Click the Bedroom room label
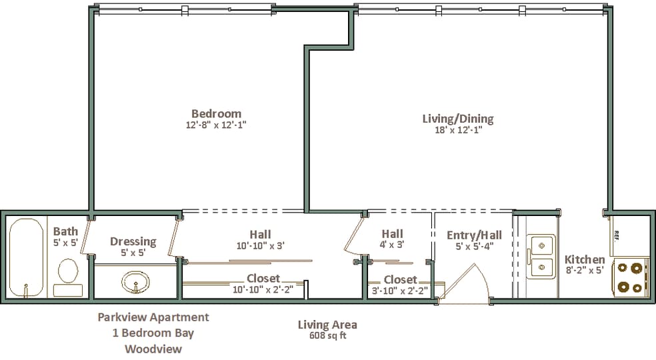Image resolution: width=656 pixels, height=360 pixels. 216,113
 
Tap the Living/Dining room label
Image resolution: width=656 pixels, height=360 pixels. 458,119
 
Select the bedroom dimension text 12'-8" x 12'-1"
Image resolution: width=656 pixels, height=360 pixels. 216,125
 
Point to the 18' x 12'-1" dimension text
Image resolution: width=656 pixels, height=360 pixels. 459,130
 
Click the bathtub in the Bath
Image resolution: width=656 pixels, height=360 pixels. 26,258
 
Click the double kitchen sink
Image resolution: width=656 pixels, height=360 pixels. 541,256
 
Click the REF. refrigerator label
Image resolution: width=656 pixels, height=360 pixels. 616,235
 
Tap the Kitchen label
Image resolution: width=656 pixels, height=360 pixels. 585,259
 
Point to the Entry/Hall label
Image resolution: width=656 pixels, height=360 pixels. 474,235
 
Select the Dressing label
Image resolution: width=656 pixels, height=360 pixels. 133,242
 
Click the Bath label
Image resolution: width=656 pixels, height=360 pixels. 66,231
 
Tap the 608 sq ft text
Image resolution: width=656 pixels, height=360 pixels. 327,335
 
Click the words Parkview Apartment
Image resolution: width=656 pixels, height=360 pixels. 153,317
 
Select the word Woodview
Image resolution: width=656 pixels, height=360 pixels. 153,349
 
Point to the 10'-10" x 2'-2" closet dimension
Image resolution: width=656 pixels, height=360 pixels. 263,289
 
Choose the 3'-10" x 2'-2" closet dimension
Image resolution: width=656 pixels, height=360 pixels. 400,290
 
